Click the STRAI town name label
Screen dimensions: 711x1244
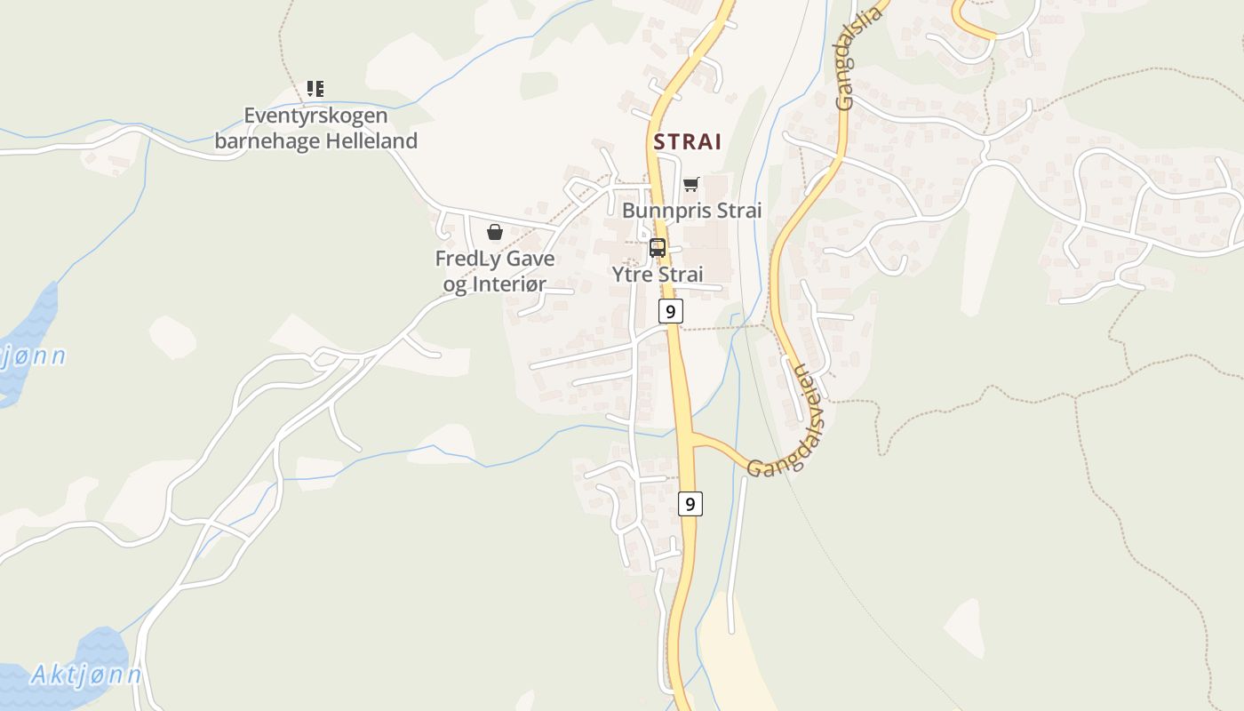[x=688, y=141]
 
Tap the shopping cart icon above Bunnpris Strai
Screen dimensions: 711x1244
[x=691, y=184]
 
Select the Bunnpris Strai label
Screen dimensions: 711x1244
[x=691, y=211]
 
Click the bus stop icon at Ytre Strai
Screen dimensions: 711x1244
[x=658, y=248]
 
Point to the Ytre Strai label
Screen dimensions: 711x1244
[x=658, y=274]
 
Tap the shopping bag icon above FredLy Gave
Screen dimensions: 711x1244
[x=495, y=232]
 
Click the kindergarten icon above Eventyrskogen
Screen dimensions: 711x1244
[x=315, y=88]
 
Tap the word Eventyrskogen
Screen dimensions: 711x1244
[x=315, y=116]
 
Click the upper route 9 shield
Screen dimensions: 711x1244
[x=671, y=311]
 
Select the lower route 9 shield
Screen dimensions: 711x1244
[x=690, y=503]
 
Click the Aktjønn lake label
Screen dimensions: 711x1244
[x=86, y=675]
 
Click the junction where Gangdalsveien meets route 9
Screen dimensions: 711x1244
[x=689, y=435]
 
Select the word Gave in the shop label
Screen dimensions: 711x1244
[x=532, y=259]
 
